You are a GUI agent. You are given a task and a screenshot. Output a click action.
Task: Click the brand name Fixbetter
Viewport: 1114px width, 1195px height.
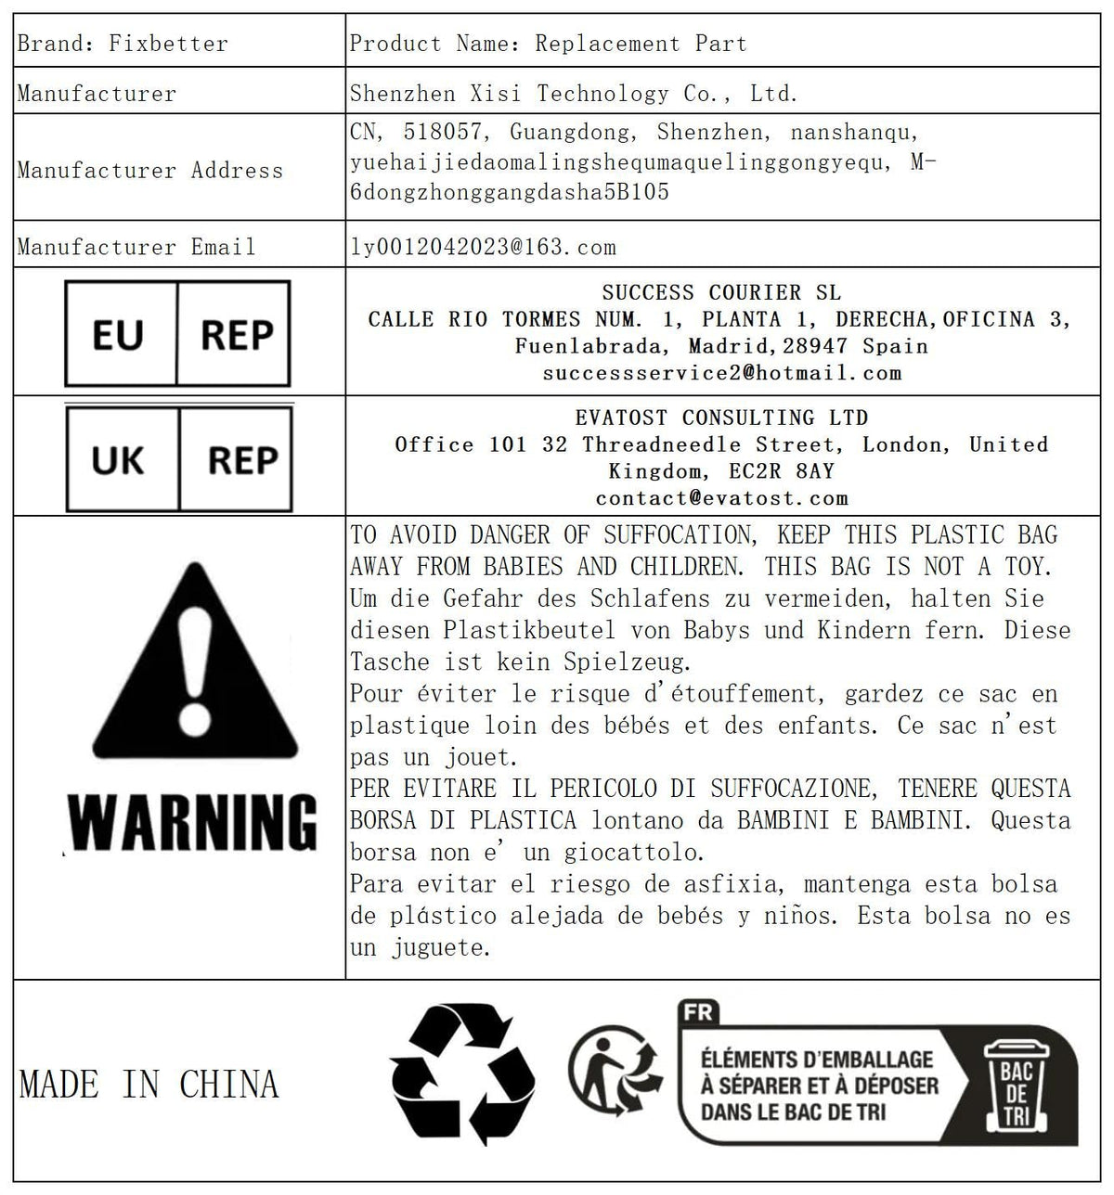168,44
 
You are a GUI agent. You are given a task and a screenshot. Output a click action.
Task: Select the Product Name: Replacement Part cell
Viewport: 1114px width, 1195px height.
548,44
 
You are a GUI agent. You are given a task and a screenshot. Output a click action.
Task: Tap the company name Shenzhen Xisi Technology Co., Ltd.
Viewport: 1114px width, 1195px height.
574,94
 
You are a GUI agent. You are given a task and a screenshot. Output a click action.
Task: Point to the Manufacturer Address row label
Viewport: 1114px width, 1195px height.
150,171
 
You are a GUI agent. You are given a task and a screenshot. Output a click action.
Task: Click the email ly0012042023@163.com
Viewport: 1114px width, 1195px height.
483,247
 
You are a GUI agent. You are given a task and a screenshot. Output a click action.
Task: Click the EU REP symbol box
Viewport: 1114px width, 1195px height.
177,334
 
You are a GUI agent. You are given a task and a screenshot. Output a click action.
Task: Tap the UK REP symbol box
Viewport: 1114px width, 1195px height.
179,459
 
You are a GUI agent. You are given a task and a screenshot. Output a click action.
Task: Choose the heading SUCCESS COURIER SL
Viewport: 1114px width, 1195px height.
721,293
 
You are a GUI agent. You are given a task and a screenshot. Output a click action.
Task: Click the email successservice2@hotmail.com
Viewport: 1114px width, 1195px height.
721,374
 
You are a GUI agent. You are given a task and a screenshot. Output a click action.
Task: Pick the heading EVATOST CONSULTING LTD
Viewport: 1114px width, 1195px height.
721,418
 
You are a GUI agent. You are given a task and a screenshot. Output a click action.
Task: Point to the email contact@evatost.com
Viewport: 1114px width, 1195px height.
721,499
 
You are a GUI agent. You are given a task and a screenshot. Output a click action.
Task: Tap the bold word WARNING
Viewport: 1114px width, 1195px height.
194,822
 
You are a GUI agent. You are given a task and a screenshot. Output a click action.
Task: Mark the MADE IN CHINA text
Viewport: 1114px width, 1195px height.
149,1085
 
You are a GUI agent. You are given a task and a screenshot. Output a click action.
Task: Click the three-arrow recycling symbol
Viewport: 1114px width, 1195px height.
461,1075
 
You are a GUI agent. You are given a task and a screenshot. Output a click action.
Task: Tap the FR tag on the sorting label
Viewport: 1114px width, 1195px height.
697,1012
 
